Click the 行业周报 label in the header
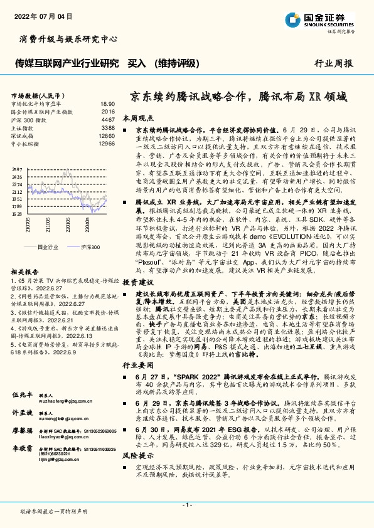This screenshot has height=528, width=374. pyautogui.click(x=333, y=63)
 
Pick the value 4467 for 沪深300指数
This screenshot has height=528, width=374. pyautogui.click(x=108, y=119)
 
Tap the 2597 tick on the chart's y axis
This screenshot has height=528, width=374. pyautogui.click(x=17, y=170)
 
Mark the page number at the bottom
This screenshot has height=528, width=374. pyautogui.click(x=186, y=504)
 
